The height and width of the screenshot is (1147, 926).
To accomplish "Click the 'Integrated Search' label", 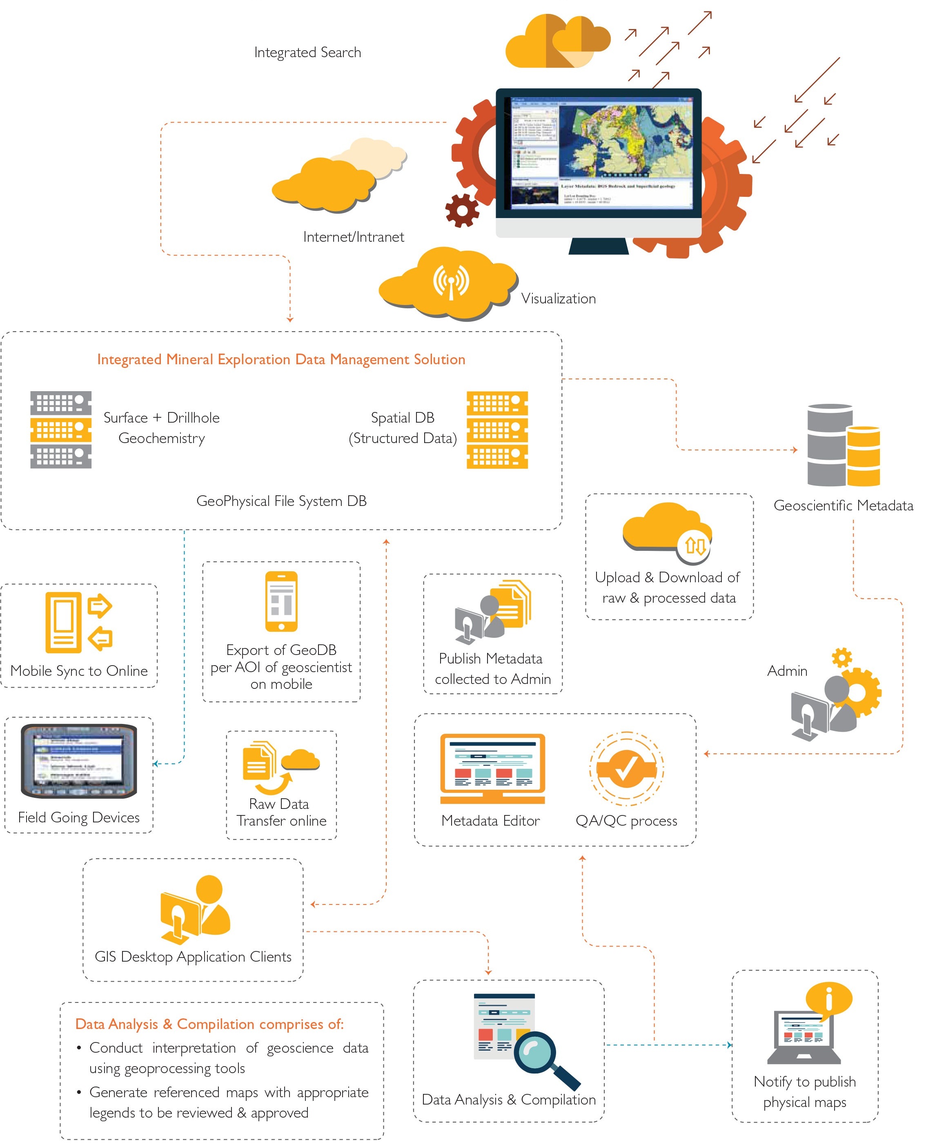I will click(307, 52).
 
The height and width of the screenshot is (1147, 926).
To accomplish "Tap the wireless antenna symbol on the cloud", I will click(451, 281).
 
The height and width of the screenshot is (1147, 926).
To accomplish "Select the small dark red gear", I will click(462, 210).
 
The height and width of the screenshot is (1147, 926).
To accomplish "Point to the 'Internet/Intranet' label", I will click(353, 237).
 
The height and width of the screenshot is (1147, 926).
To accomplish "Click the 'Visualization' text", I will click(558, 299).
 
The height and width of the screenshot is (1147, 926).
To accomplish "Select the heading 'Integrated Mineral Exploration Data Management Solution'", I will click(281, 360).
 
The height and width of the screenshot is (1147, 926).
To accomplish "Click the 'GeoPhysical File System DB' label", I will click(281, 501).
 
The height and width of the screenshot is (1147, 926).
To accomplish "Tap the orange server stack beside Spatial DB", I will click(497, 430).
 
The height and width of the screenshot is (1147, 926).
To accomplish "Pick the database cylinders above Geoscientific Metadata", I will click(843, 445).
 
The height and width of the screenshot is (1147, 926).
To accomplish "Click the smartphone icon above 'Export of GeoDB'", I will click(281, 601).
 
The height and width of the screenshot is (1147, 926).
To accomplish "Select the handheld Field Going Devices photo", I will click(79, 761).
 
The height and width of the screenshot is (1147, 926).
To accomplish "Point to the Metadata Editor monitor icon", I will click(492, 768).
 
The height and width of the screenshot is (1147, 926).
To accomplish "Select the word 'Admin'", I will click(787, 671).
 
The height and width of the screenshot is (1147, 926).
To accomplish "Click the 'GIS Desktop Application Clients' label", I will click(193, 957).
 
